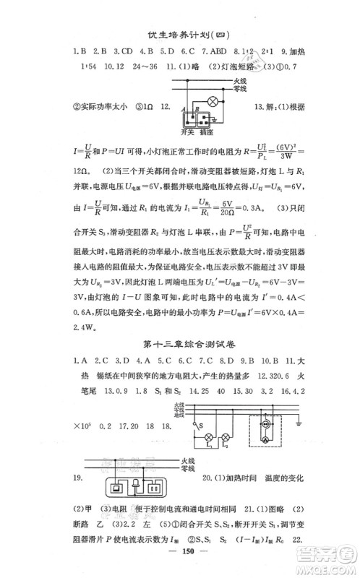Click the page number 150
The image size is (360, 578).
click(179, 563)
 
